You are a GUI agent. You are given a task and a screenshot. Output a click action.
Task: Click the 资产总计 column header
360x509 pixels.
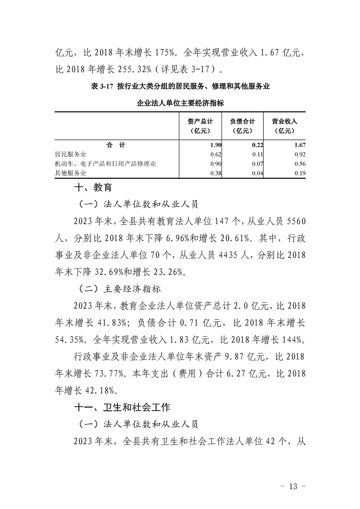200,126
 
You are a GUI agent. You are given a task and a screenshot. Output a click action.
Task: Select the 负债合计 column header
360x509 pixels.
242,126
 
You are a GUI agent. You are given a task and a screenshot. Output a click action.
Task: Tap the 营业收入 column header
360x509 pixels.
284,126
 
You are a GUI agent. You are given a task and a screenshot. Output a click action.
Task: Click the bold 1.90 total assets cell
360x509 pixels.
216,145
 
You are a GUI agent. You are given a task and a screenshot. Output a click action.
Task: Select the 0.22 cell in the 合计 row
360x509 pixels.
258,145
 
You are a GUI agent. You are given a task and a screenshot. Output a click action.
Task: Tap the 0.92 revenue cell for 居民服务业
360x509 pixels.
301,155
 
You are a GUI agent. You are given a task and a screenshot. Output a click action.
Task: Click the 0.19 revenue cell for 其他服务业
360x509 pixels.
301,173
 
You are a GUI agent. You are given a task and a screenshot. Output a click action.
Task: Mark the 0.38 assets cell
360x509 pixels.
216,173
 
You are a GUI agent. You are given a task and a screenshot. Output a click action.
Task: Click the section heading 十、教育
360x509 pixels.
93,187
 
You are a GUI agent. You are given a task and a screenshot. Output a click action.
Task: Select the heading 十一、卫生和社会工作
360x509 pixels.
122,407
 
